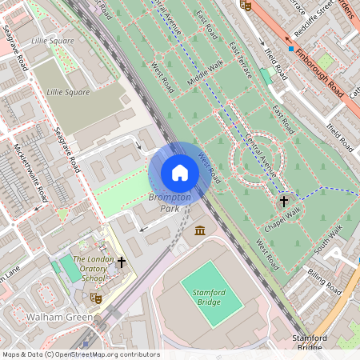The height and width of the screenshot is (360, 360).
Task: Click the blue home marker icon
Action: pyautogui.click(x=180, y=173)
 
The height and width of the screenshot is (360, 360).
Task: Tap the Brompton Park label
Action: pyautogui.click(x=170, y=202)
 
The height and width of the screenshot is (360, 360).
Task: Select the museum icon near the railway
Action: pyautogui.click(x=199, y=231)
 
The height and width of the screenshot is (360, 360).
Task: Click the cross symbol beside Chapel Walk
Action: pyautogui.click(x=283, y=202)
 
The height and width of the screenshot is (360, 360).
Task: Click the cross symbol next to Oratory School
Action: pyautogui.click(x=122, y=262)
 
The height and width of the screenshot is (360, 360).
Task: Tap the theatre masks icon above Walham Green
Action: pyautogui.click(x=96, y=297)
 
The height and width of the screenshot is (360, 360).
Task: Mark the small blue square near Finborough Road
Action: pyautogui.click(x=291, y=48)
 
